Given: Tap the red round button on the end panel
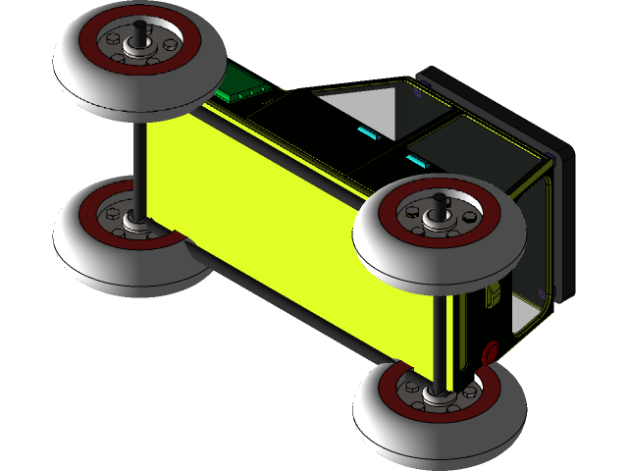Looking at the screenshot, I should pos(491,348).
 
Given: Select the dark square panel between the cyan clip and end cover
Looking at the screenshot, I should pos(461,137).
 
